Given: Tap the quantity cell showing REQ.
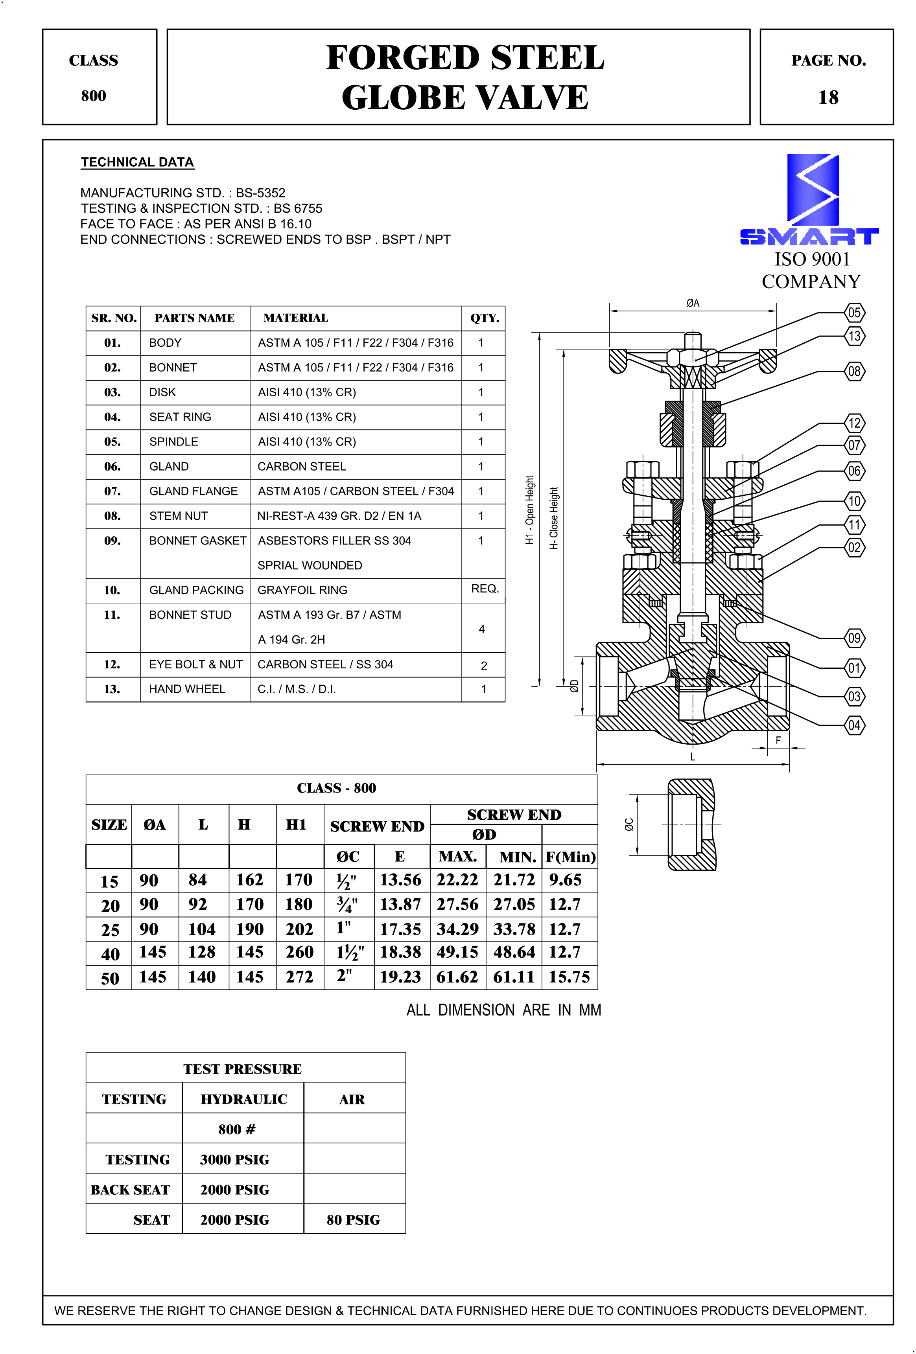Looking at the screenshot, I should coord(484,589).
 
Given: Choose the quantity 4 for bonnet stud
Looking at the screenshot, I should coord(481,629).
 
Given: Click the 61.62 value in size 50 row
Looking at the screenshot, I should coord(457,977).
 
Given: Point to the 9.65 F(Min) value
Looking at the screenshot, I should coord(565,880).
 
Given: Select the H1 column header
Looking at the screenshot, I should coord(296,824).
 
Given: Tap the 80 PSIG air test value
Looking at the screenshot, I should coord(353,1220).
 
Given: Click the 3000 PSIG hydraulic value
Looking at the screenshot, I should coord(235,1159).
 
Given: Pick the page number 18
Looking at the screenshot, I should coord(828,97).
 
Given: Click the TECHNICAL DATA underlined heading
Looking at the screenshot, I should coord(138,162).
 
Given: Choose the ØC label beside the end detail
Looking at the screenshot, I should coord(629,824).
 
